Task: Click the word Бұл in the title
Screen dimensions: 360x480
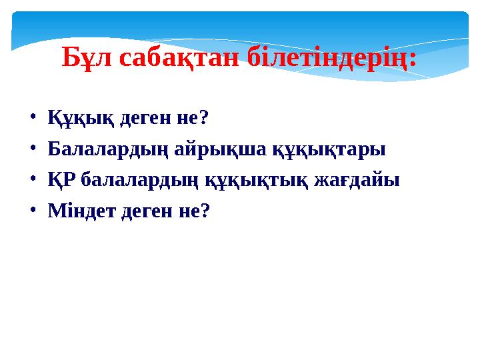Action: pos(88,58)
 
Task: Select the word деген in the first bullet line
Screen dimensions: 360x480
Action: pos(138,118)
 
